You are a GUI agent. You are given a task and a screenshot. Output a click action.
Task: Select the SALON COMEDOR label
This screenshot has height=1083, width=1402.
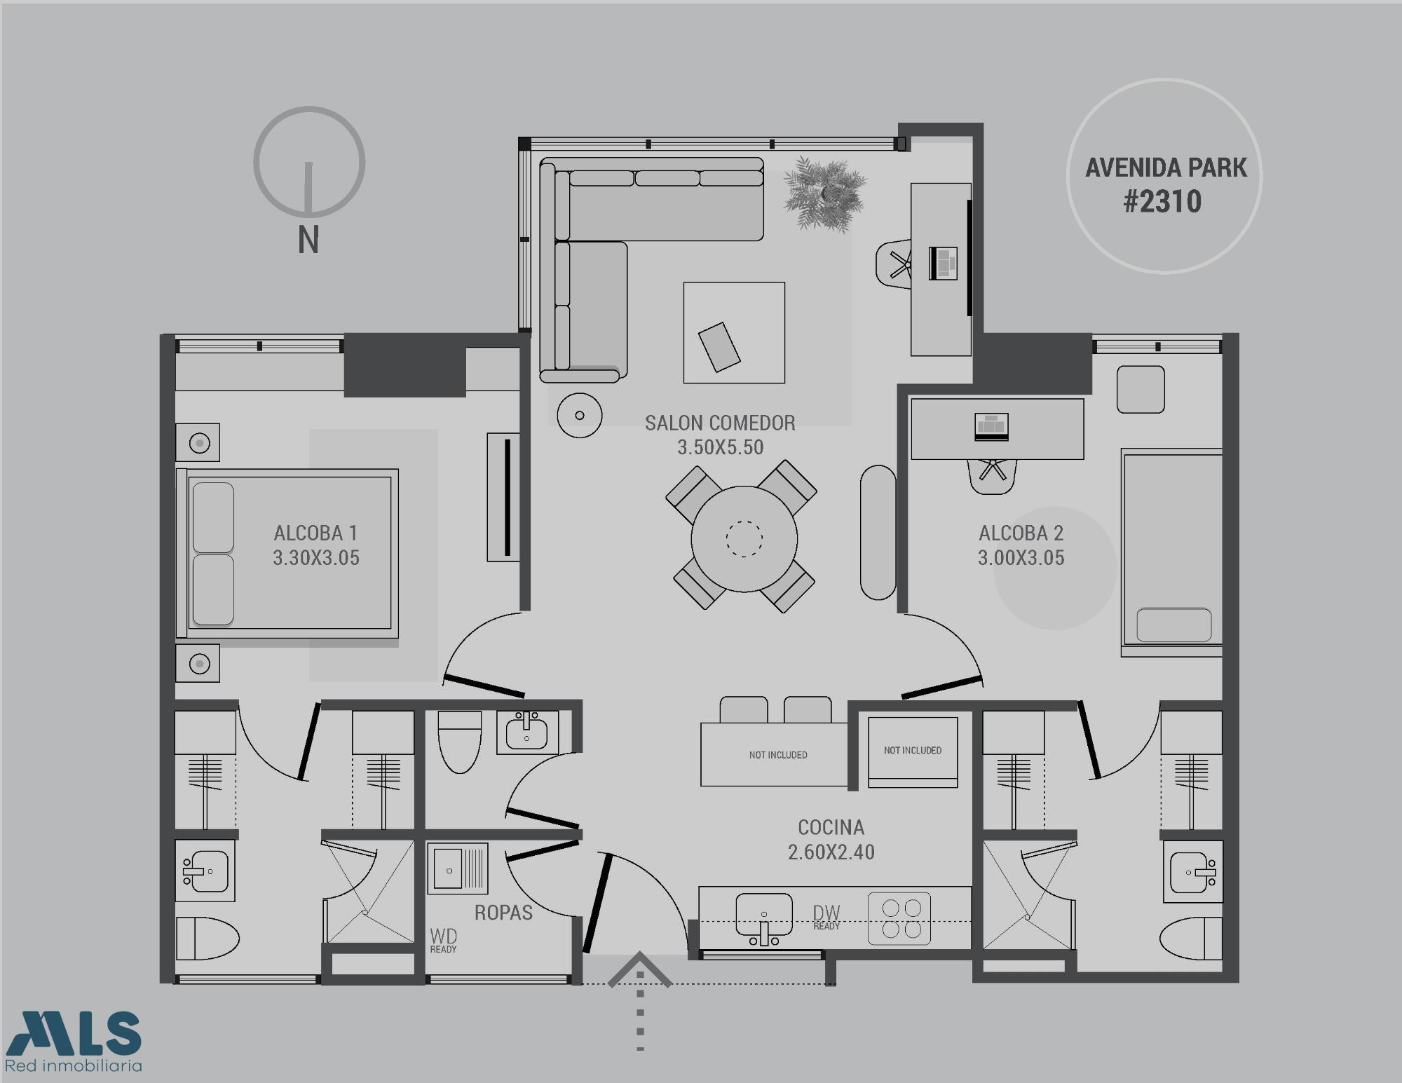pos(720,423)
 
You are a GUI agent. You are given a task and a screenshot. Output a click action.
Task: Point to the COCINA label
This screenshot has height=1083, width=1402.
pos(831,827)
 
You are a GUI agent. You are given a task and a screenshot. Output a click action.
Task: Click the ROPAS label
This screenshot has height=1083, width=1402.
pos(503,913)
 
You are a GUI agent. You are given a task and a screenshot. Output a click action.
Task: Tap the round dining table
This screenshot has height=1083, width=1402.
pos(744,539)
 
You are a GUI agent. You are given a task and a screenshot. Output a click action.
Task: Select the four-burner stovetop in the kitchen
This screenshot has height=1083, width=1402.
pos(899,918)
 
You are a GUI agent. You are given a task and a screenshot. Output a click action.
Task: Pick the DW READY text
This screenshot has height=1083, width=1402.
pos(826,917)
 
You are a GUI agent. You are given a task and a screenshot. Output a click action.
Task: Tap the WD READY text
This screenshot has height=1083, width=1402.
pos(443,940)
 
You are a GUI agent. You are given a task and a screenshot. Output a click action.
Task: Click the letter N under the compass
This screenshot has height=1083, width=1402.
pos(308,240)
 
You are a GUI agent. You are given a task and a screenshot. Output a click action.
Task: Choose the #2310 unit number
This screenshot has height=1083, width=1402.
pos(1163,202)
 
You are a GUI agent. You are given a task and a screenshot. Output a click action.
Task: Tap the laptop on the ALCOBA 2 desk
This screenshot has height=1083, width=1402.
pos(991,427)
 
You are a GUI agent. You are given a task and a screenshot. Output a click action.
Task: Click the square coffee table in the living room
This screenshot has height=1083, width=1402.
pos(734,332)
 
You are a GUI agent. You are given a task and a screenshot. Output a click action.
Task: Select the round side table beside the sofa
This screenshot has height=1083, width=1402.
pos(579,415)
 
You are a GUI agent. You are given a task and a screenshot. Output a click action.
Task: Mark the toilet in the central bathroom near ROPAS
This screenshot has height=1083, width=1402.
pos(459,742)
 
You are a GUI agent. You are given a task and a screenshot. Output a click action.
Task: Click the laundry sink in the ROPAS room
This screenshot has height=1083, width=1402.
pos(457,868)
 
